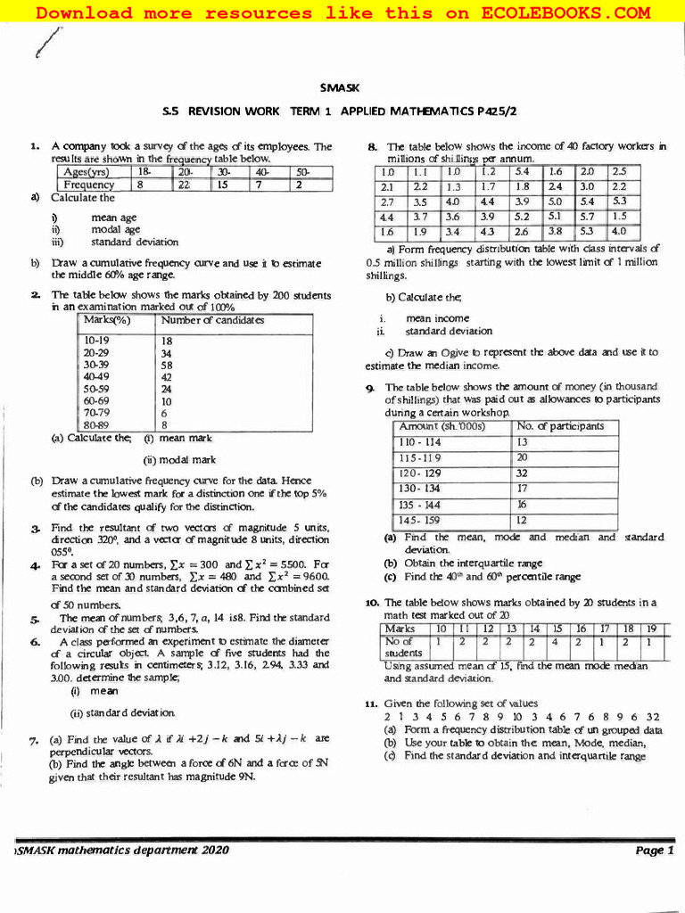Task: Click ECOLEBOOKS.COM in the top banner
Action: click(565, 12)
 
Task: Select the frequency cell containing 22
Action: click(185, 185)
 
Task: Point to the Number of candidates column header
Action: click(212, 320)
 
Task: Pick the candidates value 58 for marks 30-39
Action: click(167, 365)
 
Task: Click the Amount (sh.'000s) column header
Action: click(442, 426)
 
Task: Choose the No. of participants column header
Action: click(560, 426)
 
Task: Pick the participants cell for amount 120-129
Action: click(522, 473)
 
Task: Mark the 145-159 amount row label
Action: click(419, 520)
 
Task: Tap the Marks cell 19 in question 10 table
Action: click(651, 629)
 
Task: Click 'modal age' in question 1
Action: click(115, 229)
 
